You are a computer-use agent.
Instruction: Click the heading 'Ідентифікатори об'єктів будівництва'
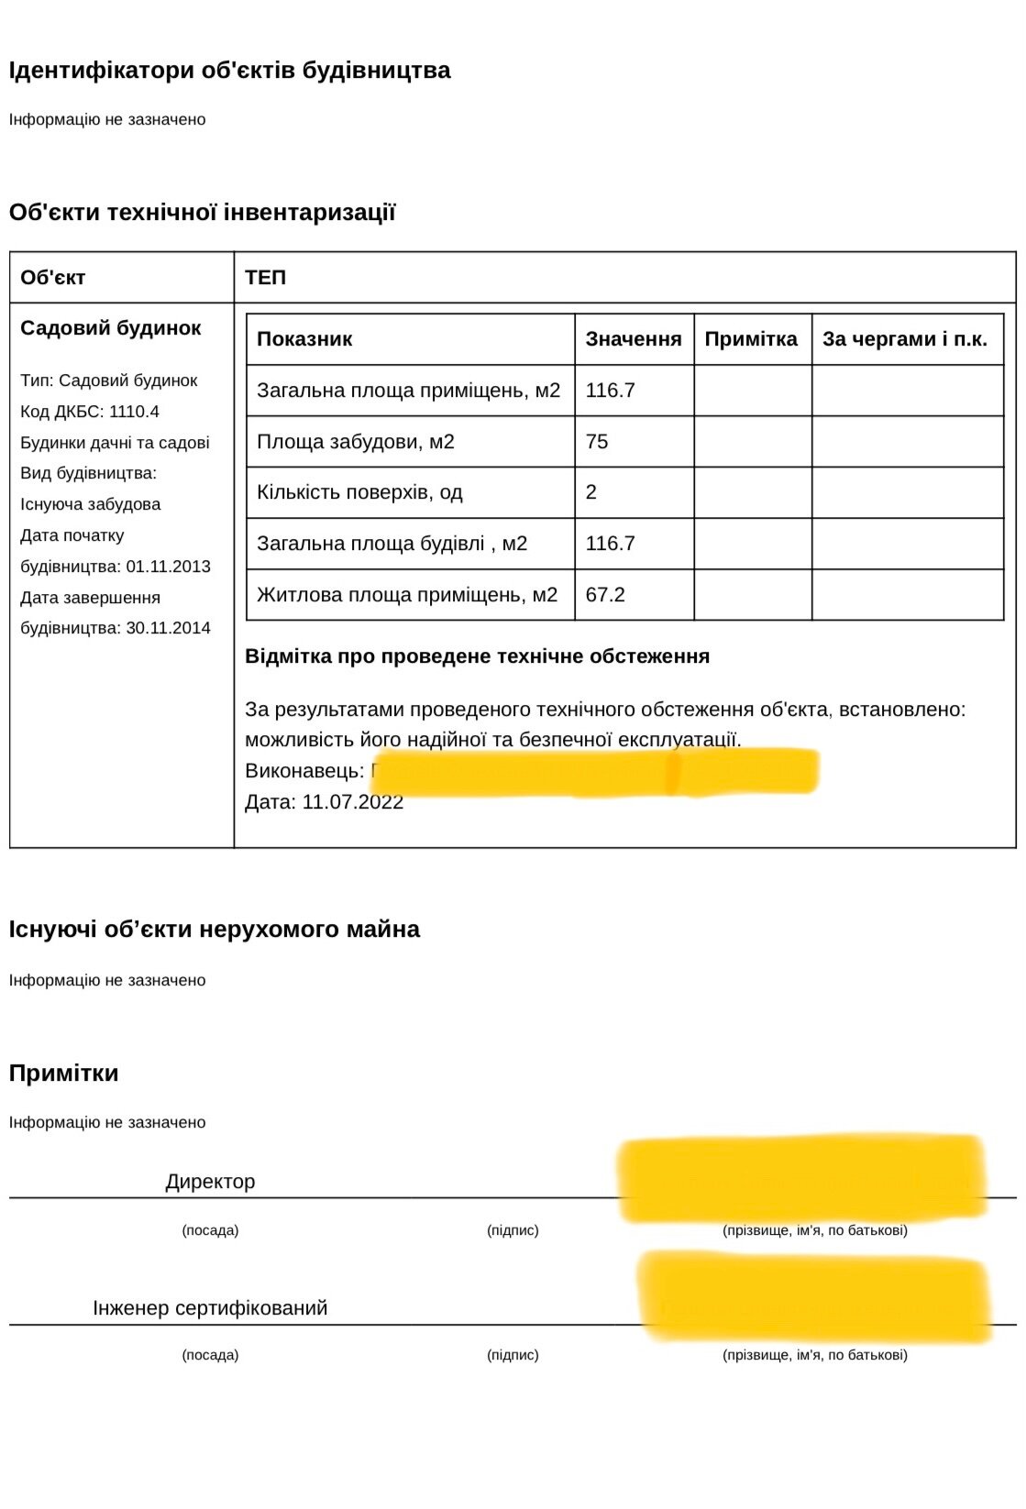tap(229, 71)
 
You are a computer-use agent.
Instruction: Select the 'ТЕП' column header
tap(265, 277)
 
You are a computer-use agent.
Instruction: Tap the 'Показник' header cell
tap(304, 339)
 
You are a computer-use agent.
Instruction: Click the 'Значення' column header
tap(634, 339)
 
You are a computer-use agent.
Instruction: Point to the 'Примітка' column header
tap(751, 339)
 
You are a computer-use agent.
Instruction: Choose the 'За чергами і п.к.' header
tap(904, 339)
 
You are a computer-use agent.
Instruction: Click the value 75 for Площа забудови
tap(597, 442)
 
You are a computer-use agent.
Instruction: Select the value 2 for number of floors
tap(591, 492)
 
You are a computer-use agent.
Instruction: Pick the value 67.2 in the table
tap(605, 595)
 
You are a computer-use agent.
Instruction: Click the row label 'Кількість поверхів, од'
tap(359, 492)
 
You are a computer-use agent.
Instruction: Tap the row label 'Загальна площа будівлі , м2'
tap(392, 544)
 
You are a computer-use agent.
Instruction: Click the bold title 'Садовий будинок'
tap(110, 328)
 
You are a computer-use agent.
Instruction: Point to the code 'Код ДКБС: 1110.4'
tap(90, 412)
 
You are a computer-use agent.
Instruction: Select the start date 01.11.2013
tap(169, 567)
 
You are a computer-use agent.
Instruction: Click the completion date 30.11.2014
tap(169, 628)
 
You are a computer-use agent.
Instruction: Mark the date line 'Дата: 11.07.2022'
tap(324, 802)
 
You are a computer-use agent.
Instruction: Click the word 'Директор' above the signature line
tap(210, 1182)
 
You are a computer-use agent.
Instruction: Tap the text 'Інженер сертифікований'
tap(210, 1308)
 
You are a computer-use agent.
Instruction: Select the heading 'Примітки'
tap(64, 1074)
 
